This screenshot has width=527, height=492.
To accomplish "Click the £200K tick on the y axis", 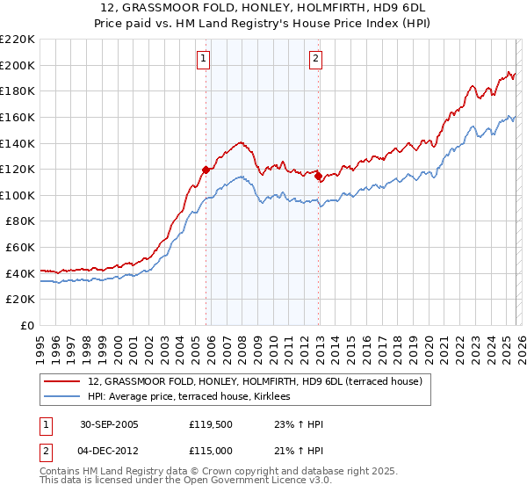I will click(18, 65).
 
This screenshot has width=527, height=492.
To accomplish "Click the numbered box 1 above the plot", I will click(204, 59).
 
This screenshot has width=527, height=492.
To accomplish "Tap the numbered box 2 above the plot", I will click(314, 59).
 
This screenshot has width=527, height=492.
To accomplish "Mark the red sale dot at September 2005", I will click(206, 170).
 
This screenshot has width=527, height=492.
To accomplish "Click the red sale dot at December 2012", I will click(318, 176).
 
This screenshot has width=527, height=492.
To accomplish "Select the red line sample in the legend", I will click(62, 381).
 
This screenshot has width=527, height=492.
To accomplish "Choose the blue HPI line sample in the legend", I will click(62, 397).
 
